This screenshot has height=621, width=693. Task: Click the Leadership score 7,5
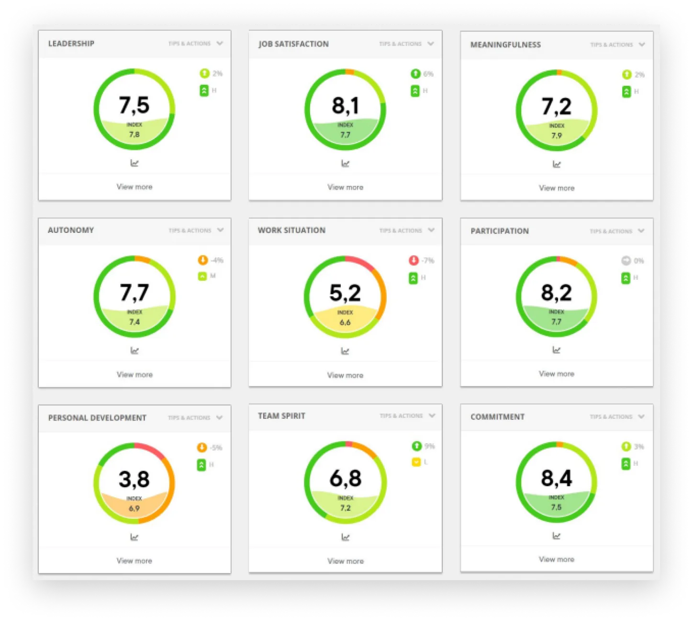[x=134, y=105]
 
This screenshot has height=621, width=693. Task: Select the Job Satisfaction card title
[x=293, y=44]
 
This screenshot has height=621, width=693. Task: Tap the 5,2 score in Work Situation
[x=345, y=292]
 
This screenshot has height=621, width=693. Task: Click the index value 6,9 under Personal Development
[x=134, y=508]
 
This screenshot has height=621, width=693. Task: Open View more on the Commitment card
[x=556, y=559]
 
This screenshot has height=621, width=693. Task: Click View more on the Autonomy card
[x=134, y=375]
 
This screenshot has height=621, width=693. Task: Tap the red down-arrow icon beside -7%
[x=414, y=261]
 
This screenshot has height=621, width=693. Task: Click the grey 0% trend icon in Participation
[x=626, y=261]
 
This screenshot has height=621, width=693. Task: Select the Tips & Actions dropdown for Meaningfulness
[x=617, y=45]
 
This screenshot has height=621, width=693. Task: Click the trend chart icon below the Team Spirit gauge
[x=345, y=537]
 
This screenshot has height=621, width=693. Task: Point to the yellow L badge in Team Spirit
[x=416, y=462]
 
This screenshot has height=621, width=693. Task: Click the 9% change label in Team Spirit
[x=429, y=446]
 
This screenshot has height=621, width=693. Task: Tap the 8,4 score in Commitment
[x=556, y=478]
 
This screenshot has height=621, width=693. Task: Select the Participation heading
[x=499, y=231]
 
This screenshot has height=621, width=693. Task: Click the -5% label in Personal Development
[x=216, y=448]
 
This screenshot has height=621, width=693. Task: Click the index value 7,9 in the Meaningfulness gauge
[x=556, y=136]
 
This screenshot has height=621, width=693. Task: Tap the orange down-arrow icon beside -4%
[x=202, y=260]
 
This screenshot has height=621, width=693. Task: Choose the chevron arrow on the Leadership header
[x=220, y=43]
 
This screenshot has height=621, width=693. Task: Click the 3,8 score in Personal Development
[x=134, y=479]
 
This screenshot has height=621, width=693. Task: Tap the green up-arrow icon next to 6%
[x=415, y=74]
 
